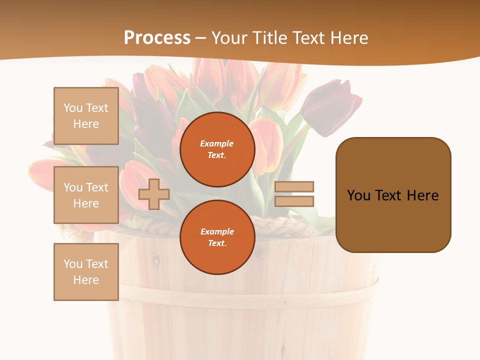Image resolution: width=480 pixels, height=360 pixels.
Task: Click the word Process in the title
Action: (157, 38)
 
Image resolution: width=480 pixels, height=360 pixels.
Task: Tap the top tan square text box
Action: (86, 116)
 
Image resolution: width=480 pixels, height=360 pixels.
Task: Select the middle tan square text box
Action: (86, 195)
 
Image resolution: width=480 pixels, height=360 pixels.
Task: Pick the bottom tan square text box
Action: (86, 272)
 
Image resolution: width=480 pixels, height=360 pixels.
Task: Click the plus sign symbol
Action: (154, 194)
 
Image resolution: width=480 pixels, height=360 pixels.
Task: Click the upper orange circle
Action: (217, 149)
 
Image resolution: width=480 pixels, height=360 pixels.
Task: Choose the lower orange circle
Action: (217, 237)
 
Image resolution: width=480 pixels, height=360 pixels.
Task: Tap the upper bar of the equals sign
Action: (294, 186)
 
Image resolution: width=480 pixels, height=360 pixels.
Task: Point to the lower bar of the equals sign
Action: (294, 201)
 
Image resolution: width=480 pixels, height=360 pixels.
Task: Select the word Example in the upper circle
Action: (217, 143)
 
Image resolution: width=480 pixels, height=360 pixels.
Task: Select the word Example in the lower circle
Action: (217, 231)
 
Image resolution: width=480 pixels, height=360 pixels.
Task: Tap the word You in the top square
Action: (73, 108)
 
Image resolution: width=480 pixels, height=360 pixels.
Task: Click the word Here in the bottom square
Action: (86, 280)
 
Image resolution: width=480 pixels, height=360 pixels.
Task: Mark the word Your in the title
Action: (229, 38)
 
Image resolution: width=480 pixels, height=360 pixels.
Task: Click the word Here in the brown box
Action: (422, 195)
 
